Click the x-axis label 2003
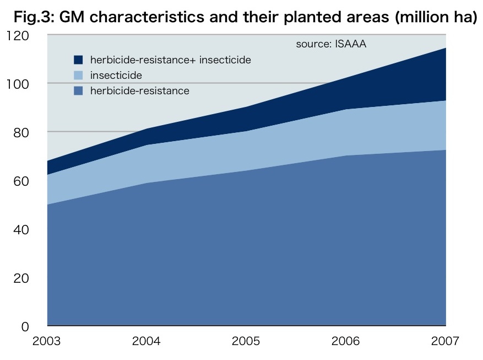(47, 341)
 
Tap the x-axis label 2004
(146, 341)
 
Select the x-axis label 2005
(246, 341)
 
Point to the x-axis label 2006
(346, 341)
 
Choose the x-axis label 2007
(445, 341)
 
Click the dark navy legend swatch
(78, 60)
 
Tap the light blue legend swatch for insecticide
(78, 75)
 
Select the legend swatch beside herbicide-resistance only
(78, 91)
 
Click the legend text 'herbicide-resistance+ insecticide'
(170, 60)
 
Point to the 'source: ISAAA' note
(330, 44)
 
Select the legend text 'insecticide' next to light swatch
(116, 75)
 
